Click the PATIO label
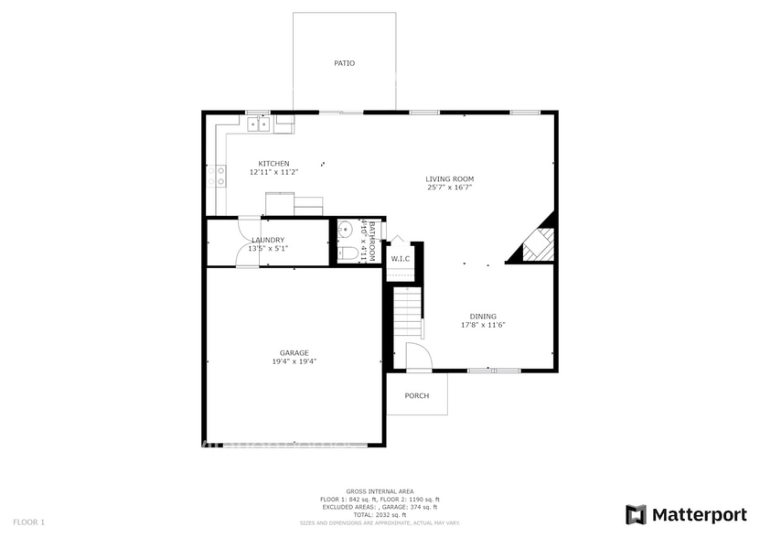344,63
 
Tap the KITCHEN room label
273,164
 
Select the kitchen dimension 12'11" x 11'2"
273,172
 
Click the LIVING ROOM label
449,178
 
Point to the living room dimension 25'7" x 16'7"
449,187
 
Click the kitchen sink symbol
259,124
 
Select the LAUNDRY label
268,240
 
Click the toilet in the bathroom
348,253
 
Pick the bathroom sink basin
346,229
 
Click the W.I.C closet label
401,259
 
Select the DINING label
483,317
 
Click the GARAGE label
294,353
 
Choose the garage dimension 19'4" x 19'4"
294,361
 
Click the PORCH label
417,395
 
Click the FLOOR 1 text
28,522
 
